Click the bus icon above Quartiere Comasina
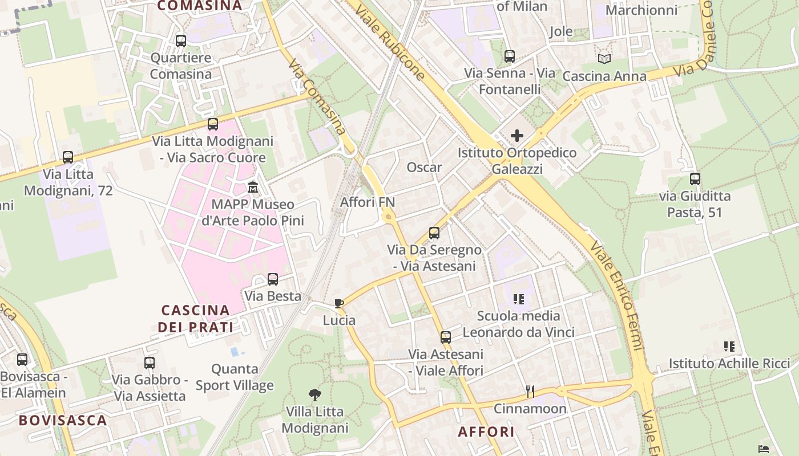tap(181, 41)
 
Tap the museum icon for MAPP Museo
tap(253, 187)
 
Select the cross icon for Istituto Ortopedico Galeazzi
tap(517, 136)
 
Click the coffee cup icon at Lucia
tap(339, 303)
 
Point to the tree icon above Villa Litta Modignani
tap(314, 394)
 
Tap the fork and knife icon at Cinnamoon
tap(530, 391)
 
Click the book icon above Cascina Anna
tap(604, 59)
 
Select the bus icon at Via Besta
tap(273, 279)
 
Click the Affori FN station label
tap(368, 202)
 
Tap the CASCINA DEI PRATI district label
tap(196, 319)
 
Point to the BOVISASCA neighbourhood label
tap(63, 421)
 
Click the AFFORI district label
tap(486, 432)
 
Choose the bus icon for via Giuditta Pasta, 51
tap(695, 179)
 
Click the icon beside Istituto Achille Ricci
tap(729, 346)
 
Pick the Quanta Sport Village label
tap(235, 377)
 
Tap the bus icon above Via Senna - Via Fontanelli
tap(510, 56)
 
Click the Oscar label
tap(424, 168)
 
